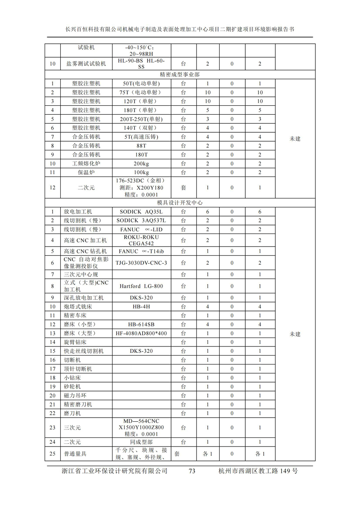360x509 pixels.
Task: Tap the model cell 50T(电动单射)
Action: tap(141, 84)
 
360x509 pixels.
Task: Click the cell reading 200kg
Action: tap(141, 163)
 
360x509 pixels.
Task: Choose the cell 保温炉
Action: tap(86, 172)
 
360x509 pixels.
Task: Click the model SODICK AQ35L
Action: tap(141, 212)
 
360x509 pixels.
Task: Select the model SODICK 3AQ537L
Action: tap(141, 221)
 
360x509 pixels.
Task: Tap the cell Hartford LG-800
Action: tap(141, 286)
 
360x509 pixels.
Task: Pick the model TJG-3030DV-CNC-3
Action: tap(141, 263)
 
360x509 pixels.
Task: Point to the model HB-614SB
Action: tap(141, 324)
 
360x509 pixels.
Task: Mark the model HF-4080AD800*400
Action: tap(141, 333)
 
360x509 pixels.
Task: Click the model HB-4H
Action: tap(141, 307)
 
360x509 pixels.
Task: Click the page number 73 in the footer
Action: tap(192, 471)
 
